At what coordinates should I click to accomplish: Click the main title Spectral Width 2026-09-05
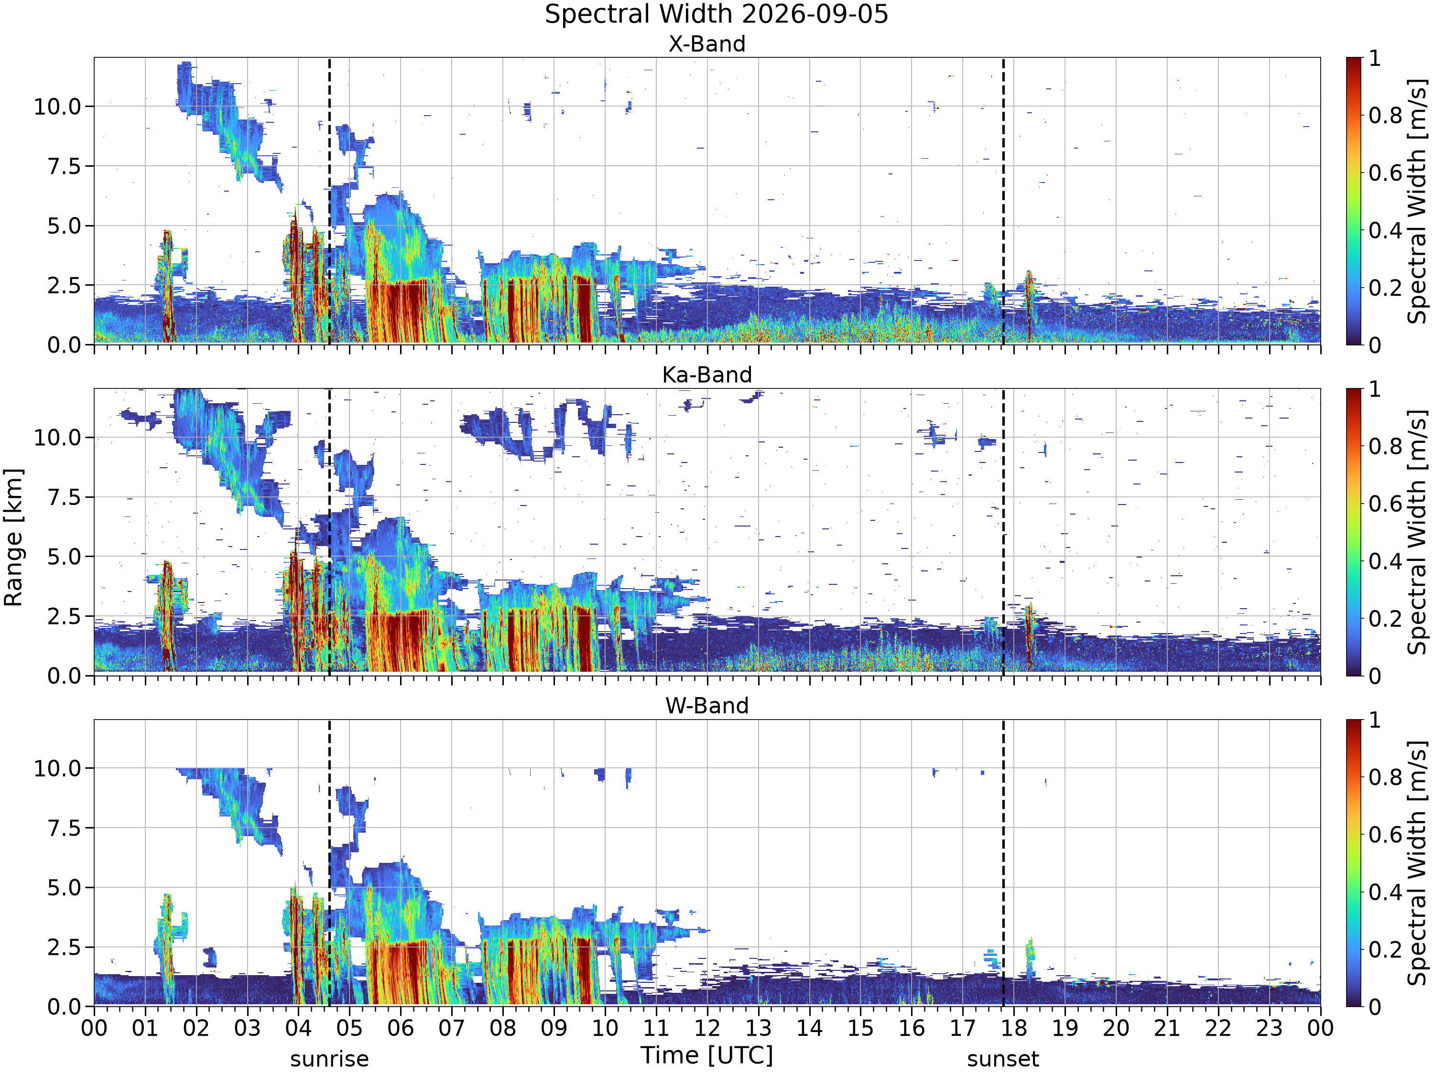pos(717,14)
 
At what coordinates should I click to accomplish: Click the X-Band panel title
pos(707,44)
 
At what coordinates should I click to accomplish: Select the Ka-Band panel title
pos(707,375)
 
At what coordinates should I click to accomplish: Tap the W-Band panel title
pos(707,706)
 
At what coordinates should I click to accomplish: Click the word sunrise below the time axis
pos(329,1059)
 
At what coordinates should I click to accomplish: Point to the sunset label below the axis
pos(1003,1059)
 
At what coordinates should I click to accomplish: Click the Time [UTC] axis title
pos(707,1055)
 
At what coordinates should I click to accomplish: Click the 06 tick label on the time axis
pos(401,1028)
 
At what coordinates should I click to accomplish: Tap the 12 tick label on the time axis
pos(707,1028)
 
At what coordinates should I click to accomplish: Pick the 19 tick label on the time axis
pos(1065,1028)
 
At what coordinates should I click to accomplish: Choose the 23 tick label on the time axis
pos(1270,1028)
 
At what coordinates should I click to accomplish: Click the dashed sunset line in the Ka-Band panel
pos(1003,532)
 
